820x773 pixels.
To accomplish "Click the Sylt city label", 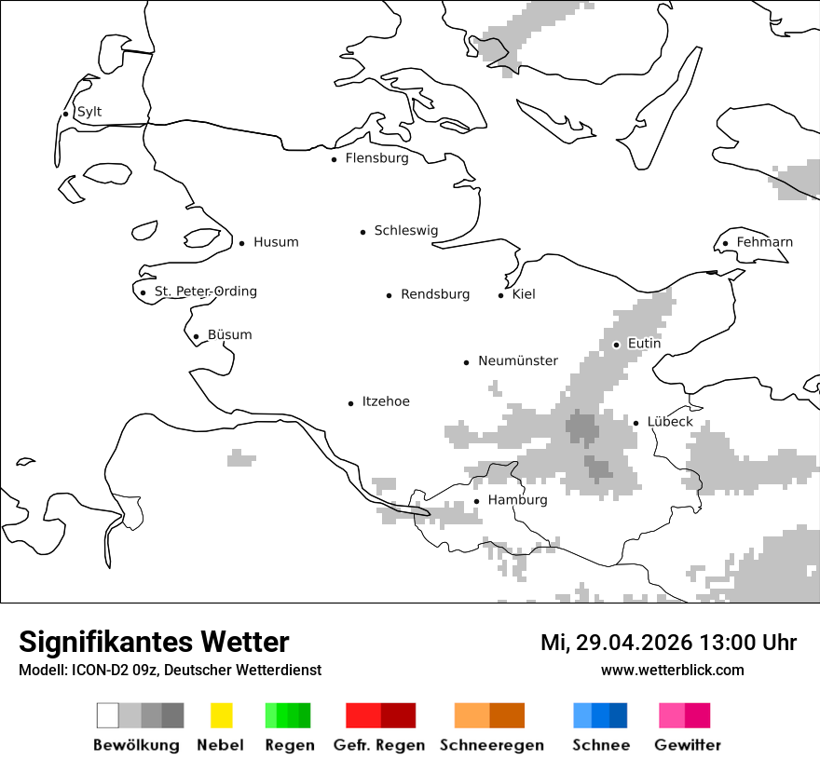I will (x=89, y=112).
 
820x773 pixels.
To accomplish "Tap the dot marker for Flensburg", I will (x=335, y=159).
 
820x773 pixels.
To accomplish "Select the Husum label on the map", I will (x=276, y=242).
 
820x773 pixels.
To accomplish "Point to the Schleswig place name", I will (x=405, y=231).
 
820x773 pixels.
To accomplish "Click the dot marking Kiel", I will (x=501, y=295).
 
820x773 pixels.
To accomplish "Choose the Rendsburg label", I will (x=435, y=294).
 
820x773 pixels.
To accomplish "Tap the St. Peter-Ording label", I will (x=205, y=292).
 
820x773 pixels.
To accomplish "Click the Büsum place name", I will (x=229, y=335).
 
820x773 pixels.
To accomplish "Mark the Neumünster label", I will (x=518, y=360).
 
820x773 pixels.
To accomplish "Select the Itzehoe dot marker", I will (x=351, y=403).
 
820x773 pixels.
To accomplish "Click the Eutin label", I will (x=644, y=344).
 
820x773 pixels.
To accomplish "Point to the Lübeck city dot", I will (x=636, y=423).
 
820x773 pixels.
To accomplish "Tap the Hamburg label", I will (x=517, y=500).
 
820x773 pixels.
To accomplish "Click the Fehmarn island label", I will (x=764, y=242).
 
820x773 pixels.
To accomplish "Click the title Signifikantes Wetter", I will (x=154, y=642).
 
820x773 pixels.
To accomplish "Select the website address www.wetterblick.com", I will (x=672, y=670).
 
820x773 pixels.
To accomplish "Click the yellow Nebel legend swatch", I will (x=221, y=715).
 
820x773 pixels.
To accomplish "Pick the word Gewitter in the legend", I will (x=687, y=745).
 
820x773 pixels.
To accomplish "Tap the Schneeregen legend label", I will (x=491, y=745).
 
